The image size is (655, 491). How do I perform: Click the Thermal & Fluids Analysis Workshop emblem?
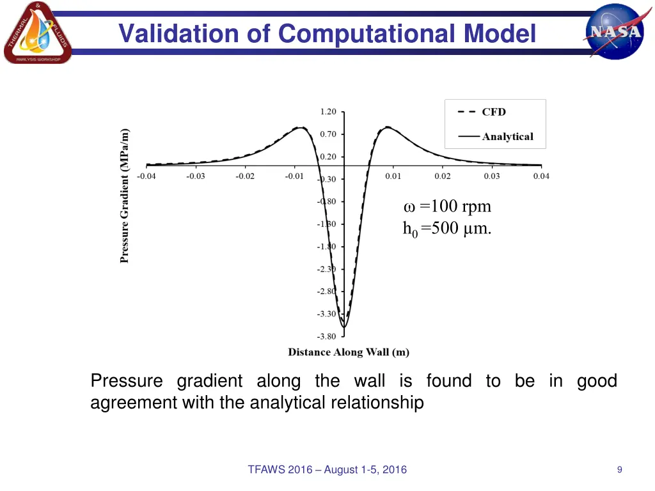(37, 33)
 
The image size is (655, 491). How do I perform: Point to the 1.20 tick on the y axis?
(327, 112)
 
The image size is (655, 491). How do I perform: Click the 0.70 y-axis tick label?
(327, 134)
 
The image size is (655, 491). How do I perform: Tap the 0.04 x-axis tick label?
(541, 176)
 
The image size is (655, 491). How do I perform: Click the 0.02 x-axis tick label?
(442, 176)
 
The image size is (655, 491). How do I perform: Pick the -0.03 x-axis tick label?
(195, 176)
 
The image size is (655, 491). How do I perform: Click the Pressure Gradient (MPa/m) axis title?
(125, 196)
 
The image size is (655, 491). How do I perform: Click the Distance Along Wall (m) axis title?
(349, 352)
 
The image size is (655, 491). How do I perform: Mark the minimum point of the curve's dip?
(344, 327)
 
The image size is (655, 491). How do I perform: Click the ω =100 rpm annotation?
(448, 207)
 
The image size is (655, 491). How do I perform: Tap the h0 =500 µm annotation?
(447, 229)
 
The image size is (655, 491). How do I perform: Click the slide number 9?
(619, 470)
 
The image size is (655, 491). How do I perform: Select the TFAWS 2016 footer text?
(327, 470)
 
